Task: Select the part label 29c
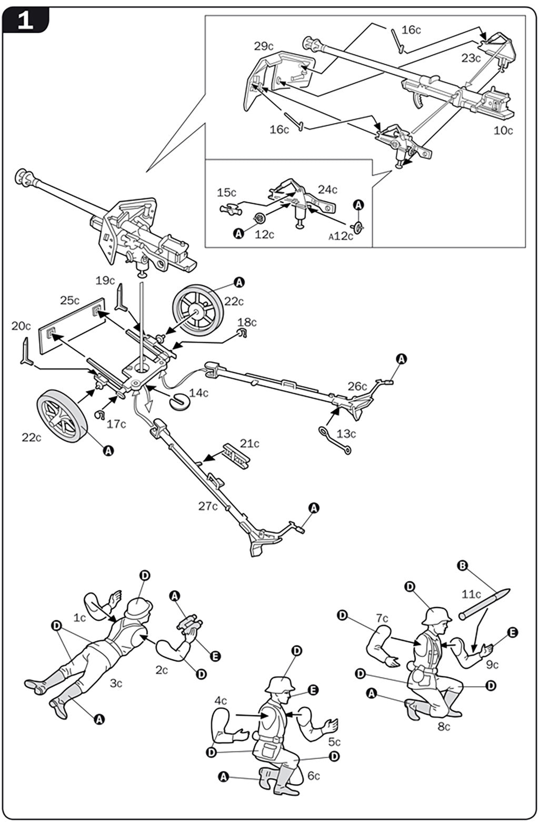(x=264, y=46)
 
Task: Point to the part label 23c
(x=471, y=58)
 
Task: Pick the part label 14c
(x=199, y=393)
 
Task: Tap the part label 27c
(x=208, y=507)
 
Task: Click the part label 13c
(x=346, y=434)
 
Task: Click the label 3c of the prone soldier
(x=116, y=684)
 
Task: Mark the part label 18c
(x=247, y=322)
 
